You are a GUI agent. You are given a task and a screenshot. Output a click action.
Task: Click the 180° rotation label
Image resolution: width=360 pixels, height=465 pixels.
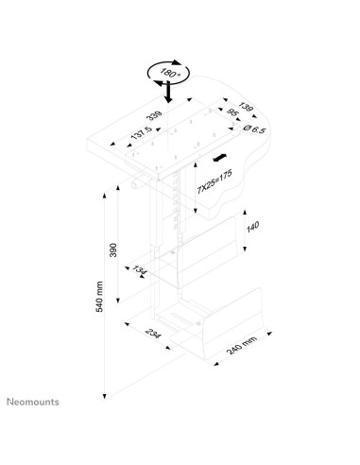point(170,73)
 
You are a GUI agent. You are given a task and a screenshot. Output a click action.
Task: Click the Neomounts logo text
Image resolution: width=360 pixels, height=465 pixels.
point(33,402)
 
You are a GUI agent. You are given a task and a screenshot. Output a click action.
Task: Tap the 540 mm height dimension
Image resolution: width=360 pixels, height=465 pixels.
point(99,297)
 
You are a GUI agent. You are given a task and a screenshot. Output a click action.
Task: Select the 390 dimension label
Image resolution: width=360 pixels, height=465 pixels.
point(113,250)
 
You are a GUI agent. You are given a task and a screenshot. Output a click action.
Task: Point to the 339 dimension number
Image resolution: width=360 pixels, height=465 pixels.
point(154,115)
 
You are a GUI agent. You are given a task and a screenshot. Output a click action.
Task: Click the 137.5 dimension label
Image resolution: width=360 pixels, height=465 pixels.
point(142,133)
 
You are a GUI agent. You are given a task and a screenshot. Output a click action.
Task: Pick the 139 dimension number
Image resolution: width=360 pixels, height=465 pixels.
point(246,107)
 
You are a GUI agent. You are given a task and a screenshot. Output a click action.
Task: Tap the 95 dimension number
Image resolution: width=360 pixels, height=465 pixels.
point(232,112)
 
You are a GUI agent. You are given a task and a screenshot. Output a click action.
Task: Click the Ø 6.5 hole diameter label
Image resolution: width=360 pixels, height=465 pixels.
point(255,129)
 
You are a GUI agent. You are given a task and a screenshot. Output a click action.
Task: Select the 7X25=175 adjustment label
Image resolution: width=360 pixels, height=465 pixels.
point(214,181)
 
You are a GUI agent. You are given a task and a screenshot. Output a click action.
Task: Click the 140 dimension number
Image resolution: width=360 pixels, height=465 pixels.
point(252,227)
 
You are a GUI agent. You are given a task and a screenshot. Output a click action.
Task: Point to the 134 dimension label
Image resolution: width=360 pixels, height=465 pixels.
point(139,270)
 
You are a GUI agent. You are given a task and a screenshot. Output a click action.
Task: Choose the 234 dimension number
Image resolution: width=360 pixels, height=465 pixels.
point(153,334)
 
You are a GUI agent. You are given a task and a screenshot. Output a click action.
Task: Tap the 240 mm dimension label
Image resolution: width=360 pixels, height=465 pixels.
point(242,344)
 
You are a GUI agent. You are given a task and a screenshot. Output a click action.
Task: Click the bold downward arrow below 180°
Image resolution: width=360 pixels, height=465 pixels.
point(169,92)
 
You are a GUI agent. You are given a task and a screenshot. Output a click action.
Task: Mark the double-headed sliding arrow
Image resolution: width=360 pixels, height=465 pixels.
point(220,158)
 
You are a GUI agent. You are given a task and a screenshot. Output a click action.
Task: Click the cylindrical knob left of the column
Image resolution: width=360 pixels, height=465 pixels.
point(136,183)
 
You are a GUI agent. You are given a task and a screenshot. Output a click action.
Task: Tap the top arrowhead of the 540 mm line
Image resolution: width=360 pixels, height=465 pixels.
point(105,195)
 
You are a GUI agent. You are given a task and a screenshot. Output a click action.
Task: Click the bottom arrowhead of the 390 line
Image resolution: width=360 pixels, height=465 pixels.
point(118,301)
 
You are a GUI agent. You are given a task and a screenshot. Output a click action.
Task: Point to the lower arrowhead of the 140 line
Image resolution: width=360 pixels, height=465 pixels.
point(245,249)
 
